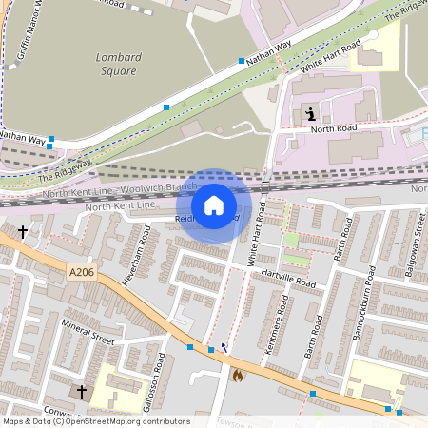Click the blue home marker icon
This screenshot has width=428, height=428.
tap(214, 204)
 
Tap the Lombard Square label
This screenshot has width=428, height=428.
tap(118, 64)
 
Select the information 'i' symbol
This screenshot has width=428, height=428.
tap(310, 115)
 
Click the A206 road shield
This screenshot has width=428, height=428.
tap(82, 273)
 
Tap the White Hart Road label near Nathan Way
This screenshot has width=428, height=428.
tap(331, 56)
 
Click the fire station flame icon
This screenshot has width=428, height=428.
tap(237, 375)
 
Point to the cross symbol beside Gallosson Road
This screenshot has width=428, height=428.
tap(82, 391)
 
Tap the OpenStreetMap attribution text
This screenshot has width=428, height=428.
tap(95, 421)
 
